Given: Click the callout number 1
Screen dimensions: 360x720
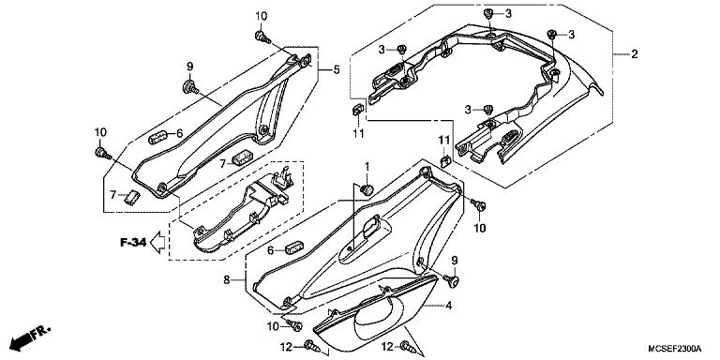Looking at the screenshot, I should pyautogui.click(x=367, y=166).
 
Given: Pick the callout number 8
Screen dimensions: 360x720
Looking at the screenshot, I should pyautogui.click(x=227, y=278).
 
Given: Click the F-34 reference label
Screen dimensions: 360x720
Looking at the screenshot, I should pyautogui.click(x=133, y=244).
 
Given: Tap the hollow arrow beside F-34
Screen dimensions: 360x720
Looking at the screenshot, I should pyautogui.click(x=159, y=244).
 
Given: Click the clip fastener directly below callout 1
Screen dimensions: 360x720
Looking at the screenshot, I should pyautogui.click(x=367, y=190).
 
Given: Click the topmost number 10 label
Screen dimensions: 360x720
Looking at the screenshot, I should pyautogui.click(x=261, y=16).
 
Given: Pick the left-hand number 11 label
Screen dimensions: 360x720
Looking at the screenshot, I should pyautogui.click(x=358, y=134).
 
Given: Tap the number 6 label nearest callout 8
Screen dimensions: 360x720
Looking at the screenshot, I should pyautogui.click(x=270, y=250).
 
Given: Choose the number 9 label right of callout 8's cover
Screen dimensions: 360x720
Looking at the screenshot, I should pyautogui.click(x=455, y=260).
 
